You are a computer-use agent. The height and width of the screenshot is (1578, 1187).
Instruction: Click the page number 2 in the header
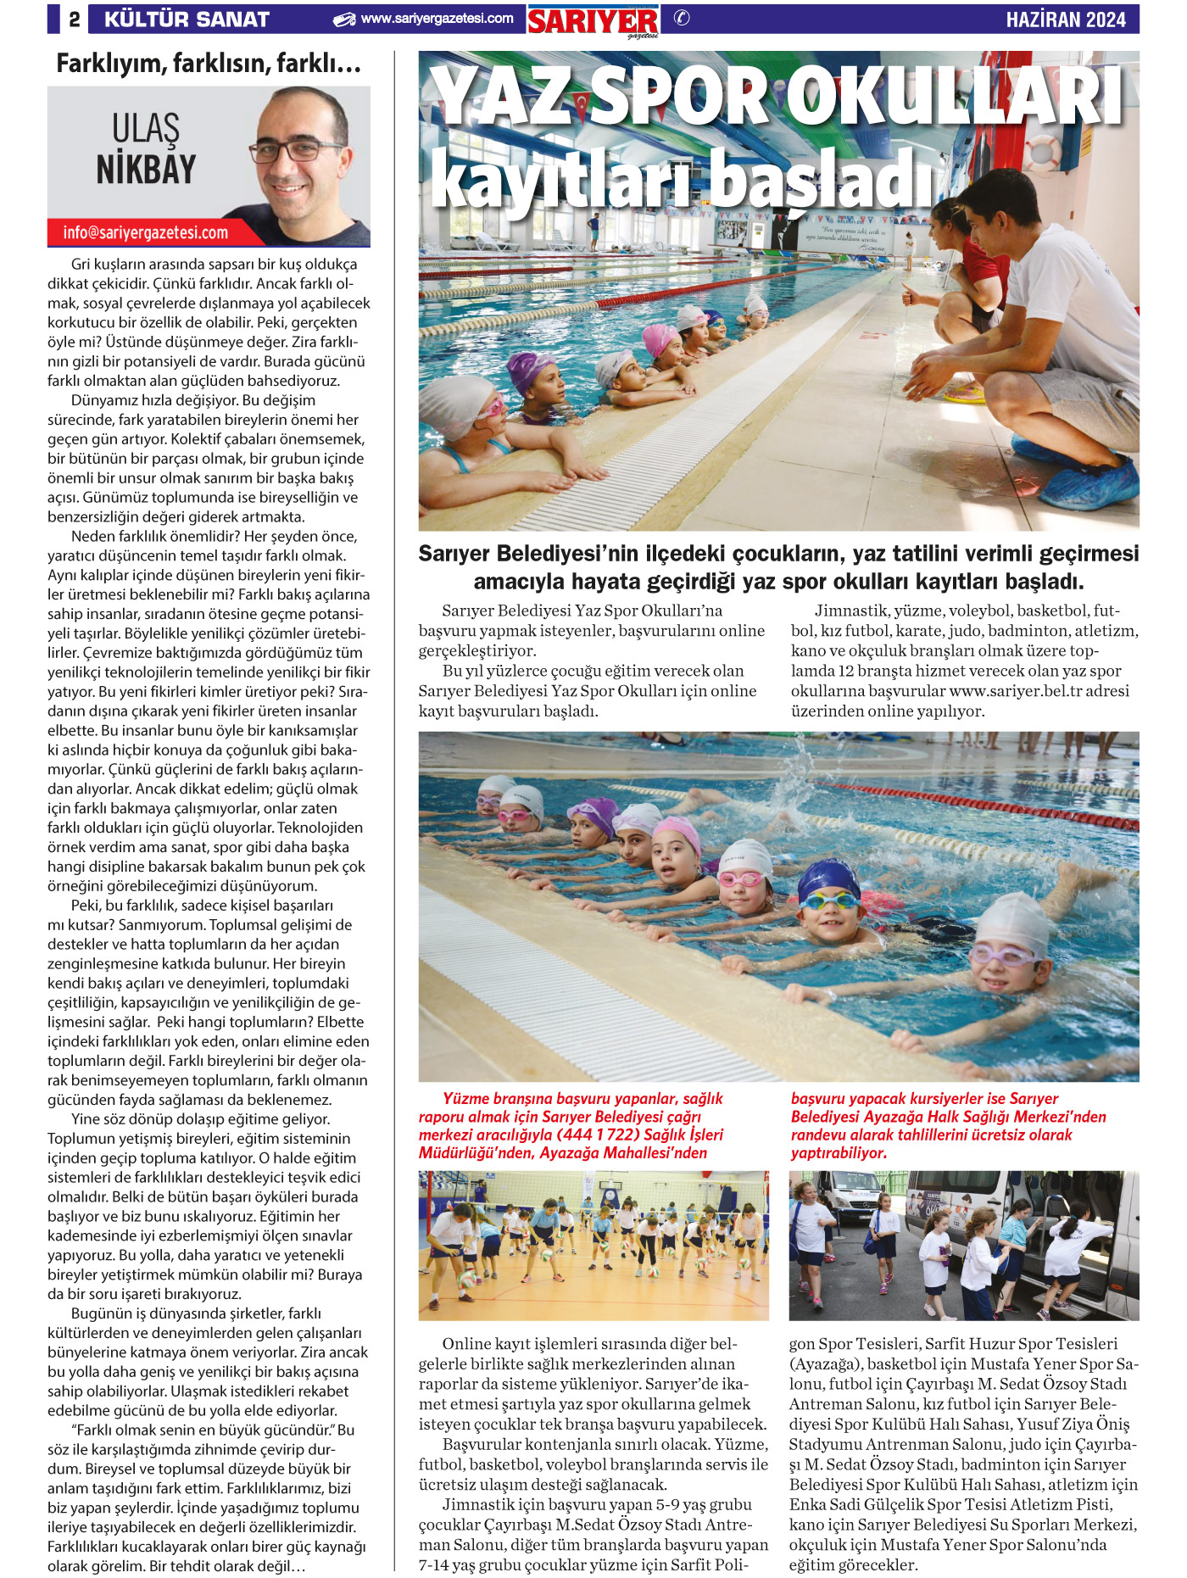pyautogui.click(x=75, y=19)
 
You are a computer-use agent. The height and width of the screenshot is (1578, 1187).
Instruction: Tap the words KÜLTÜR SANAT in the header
pyautogui.click(x=187, y=19)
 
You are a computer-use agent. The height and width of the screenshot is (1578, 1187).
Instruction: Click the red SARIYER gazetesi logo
pyautogui.click(x=593, y=21)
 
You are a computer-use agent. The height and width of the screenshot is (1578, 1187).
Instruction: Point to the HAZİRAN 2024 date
pyautogui.click(x=1066, y=20)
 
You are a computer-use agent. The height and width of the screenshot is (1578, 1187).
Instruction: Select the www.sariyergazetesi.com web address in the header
pyautogui.click(x=437, y=19)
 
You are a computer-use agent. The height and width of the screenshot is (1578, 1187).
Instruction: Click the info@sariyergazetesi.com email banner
pyautogui.click(x=145, y=232)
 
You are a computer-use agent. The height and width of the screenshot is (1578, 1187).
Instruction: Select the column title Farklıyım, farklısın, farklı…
pyautogui.click(x=209, y=64)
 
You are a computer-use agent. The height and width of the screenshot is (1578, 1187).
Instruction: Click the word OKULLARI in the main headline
pyautogui.click(x=954, y=97)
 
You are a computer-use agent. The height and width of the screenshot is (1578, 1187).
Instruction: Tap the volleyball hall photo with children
pyautogui.click(x=593, y=1246)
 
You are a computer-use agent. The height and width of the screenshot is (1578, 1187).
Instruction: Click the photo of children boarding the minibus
pyautogui.click(x=964, y=1246)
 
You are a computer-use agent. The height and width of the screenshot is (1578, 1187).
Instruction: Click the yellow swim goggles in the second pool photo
pyautogui.click(x=828, y=900)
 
